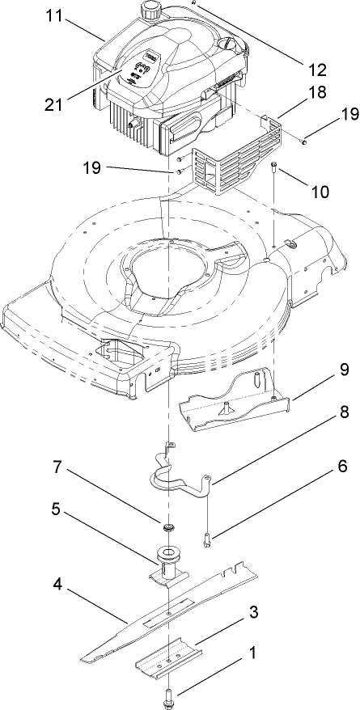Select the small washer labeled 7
(x=170, y=527)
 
